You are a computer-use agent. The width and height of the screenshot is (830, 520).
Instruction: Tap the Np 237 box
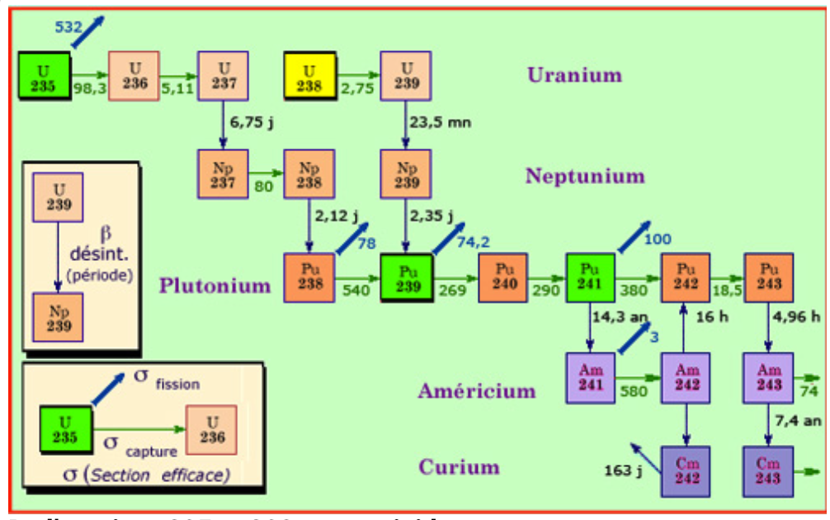coord(222,174)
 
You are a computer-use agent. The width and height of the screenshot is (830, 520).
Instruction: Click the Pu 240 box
coord(503,277)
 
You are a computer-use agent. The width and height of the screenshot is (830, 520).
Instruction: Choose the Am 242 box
coord(686,377)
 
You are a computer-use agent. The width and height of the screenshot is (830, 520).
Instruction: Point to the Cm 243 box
coord(768,471)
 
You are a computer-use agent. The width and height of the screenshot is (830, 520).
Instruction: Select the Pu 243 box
coord(768,277)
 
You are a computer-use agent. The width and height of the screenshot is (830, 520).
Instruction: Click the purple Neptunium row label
coord(584,176)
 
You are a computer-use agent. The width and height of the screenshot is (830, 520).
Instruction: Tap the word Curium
coord(459,467)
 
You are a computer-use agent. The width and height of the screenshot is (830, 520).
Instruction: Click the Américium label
coord(476,390)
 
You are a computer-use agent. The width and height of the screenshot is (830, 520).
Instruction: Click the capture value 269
coord(452,291)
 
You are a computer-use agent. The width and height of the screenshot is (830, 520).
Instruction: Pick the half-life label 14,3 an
coord(620,315)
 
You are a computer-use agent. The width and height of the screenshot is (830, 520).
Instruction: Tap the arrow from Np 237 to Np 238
coord(265,175)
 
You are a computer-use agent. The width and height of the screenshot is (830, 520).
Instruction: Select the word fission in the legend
coord(173,384)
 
